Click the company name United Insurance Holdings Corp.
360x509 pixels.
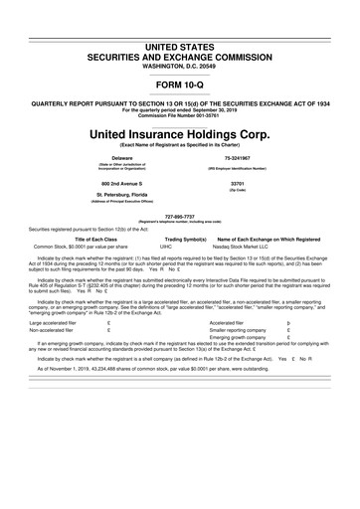pos(179,134)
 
